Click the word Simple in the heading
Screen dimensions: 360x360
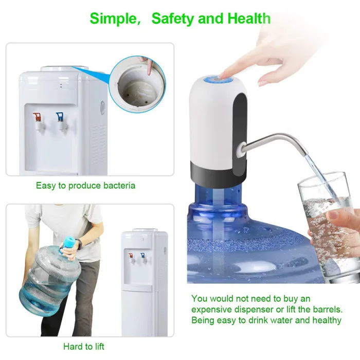(x=113, y=19)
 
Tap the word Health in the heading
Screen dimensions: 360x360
(x=249, y=18)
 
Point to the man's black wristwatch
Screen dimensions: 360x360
(x=79, y=244)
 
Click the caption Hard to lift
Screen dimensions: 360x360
(x=84, y=346)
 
